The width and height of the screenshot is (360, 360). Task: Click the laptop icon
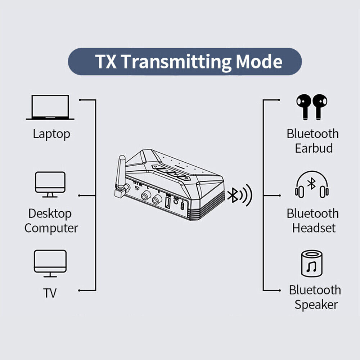click(50, 107)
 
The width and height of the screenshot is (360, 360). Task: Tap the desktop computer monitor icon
click(50, 184)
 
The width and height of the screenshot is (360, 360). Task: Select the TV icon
click(50, 263)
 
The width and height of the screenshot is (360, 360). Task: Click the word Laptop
click(51, 134)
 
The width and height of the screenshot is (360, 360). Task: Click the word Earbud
click(314, 148)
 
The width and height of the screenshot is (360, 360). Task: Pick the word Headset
click(314, 228)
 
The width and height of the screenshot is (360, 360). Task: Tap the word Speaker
click(316, 305)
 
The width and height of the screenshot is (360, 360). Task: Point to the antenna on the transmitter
click(121, 169)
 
